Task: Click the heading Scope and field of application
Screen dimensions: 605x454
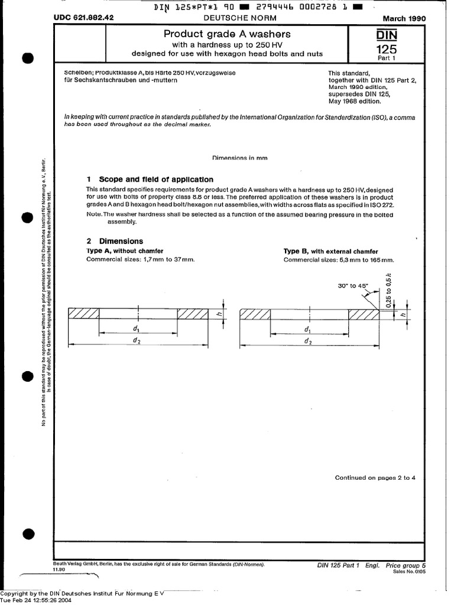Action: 156,179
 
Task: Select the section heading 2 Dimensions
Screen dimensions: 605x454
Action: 115,241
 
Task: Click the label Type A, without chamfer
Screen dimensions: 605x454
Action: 125,251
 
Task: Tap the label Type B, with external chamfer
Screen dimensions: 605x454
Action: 330,251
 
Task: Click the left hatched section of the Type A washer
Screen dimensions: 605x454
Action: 84,314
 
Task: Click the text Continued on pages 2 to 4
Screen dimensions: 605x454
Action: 375,477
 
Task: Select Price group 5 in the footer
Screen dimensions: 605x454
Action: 405,565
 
